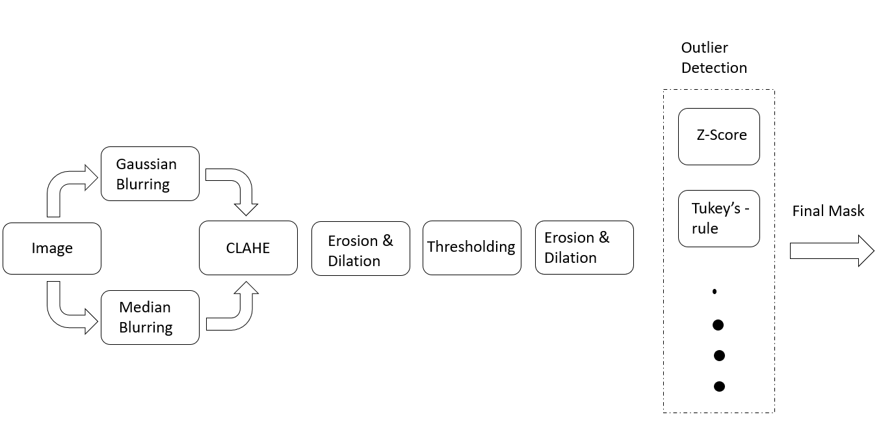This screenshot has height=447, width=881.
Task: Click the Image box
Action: point(52,248)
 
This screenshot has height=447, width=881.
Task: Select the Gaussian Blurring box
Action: point(150,174)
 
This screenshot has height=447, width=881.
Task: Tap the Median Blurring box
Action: point(150,317)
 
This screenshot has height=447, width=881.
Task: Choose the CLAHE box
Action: point(248,248)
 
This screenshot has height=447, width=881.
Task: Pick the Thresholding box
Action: point(471,248)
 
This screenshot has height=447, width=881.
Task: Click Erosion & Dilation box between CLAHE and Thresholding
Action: point(361,250)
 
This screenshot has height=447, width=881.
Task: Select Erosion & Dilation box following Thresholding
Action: point(584,247)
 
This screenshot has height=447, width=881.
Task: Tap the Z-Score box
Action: point(718,136)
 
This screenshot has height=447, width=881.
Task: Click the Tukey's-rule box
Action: point(718,219)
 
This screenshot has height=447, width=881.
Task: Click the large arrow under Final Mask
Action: point(832,251)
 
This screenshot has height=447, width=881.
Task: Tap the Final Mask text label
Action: point(828,211)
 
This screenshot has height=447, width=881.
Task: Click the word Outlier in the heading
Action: point(704,48)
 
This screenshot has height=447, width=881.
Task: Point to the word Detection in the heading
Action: point(714,68)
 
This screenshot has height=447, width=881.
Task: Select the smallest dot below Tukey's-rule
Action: point(715,292)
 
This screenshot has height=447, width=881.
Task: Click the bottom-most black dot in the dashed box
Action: point(719,386)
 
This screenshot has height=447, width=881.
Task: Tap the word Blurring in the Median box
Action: point(146,327)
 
